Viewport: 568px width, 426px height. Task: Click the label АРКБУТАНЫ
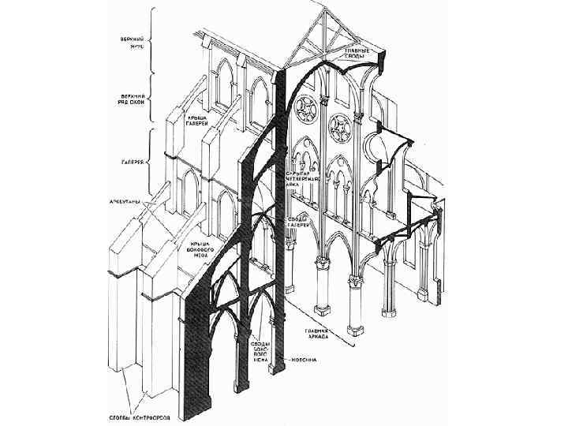coord(123,202)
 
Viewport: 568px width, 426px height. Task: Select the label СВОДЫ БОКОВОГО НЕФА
coord(260,352)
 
